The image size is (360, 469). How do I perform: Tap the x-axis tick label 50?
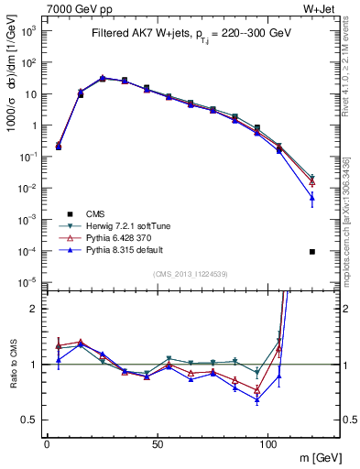click(x=158, y=443)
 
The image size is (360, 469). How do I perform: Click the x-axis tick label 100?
click(x=268, y=443)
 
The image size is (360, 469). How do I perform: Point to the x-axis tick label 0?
click(x=47, y=443)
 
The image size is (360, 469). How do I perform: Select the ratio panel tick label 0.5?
click(x=30, y=420)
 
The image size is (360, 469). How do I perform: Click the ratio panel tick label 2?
click(x=35, y=309)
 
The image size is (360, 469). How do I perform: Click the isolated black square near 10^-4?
click(x=312, y=251)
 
